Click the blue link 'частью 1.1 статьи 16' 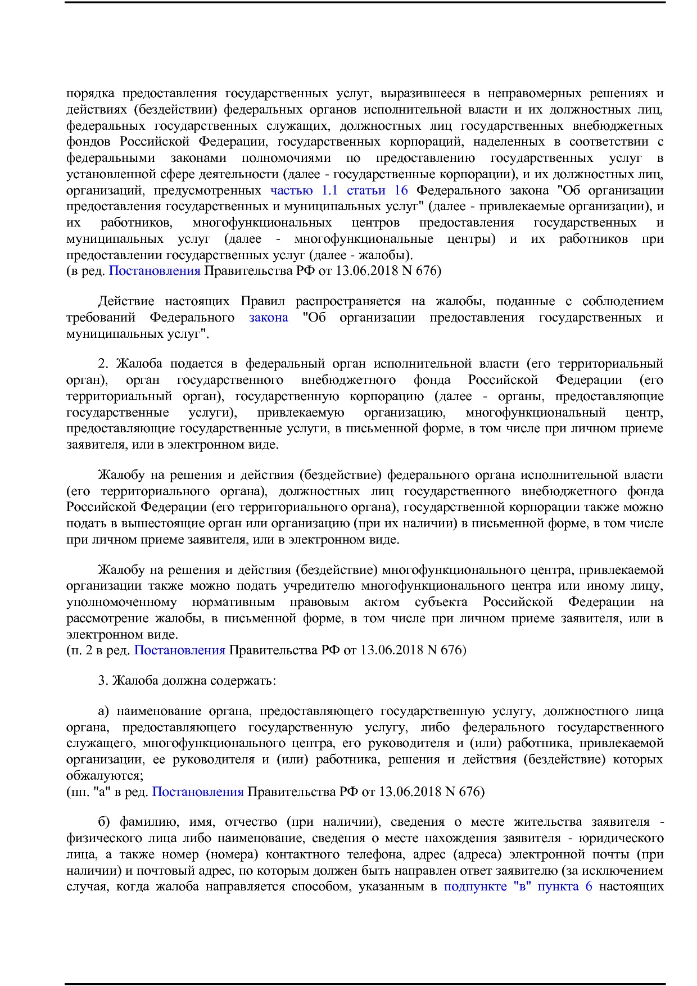tap(339, 190)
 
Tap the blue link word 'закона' tap(268, 318)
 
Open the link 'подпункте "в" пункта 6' tap(518, 887)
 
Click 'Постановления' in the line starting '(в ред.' tap(154, 271)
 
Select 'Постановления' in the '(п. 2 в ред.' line tap(179, 650)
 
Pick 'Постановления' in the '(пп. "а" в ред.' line tap(197, 792)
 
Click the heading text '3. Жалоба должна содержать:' tap(187, 681)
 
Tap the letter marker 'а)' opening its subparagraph tap(103, 712)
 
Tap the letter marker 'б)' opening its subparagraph tap(103, 822)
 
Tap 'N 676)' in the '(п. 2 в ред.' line tap(446, 650)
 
